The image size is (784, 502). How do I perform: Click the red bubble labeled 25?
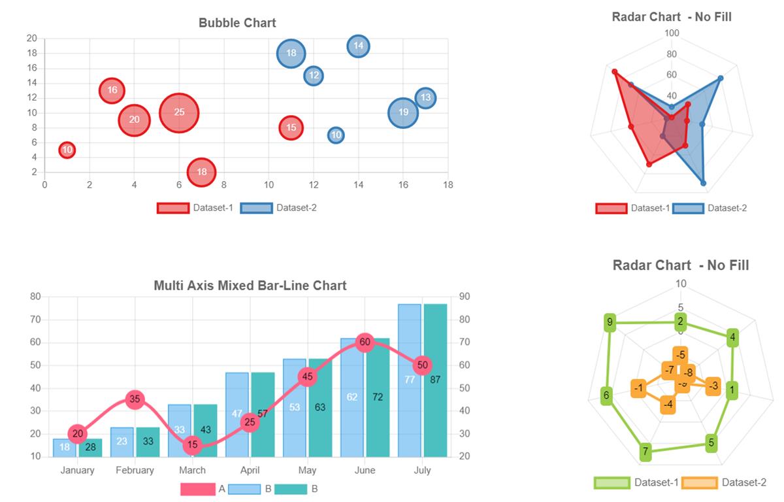(178, 112)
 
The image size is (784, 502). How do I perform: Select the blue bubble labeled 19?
(403, 112)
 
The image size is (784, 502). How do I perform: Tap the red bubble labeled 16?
(112, 90)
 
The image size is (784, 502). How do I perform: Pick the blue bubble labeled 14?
(358, 46)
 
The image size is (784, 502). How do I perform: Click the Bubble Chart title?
(237, 23)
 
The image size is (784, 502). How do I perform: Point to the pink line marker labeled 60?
(365, 342)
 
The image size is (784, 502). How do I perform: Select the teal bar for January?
(91, 448)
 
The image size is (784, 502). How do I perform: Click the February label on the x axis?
(135, 470)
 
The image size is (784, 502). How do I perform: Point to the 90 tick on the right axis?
(465, 297)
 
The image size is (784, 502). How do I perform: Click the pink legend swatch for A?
(197, 489)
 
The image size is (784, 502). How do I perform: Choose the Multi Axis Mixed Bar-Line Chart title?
(250, 286)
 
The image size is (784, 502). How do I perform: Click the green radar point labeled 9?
(610, 322)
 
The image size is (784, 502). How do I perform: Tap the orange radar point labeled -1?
(639, 388)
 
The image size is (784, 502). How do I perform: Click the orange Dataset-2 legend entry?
(724, 482)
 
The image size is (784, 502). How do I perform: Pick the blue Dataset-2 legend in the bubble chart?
(279, 208)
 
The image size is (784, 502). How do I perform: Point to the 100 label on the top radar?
(672, 33)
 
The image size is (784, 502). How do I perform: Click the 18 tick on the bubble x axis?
(448, 185)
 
